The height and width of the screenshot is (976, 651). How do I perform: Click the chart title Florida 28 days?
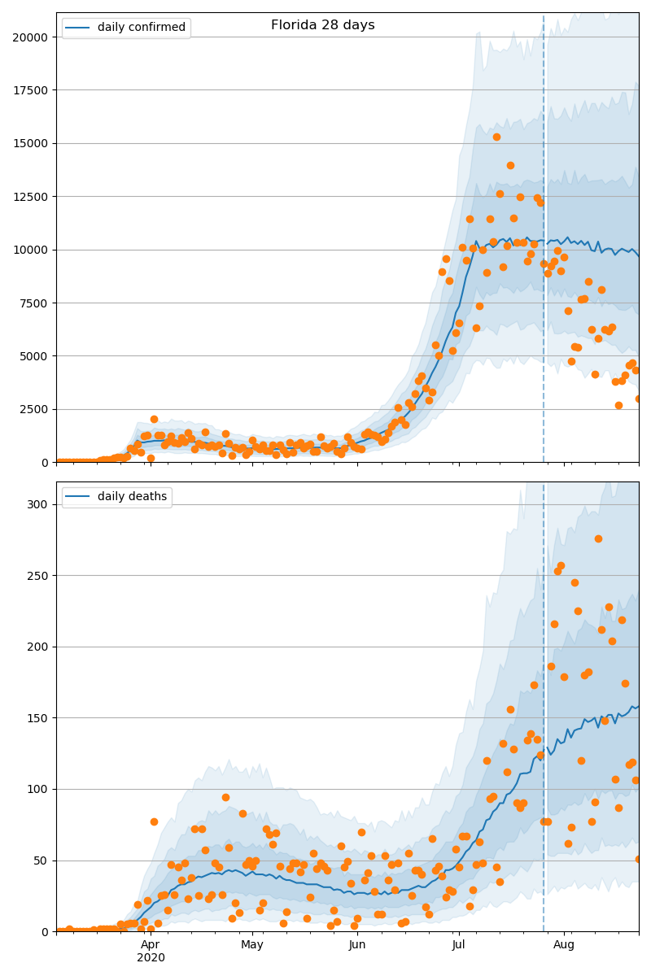[323, 25]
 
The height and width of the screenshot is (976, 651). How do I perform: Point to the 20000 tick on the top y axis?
[30, 37]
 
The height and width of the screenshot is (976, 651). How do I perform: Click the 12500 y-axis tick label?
[30, 197]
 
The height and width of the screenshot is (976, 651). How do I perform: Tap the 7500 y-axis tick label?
[33, 303]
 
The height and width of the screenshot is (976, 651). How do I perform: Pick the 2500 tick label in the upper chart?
[33, 410]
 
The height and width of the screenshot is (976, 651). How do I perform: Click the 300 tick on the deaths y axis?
[37, 504]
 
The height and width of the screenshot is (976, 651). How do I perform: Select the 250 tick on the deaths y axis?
[37, 576]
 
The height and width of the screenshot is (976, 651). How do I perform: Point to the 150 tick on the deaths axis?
[37, 718]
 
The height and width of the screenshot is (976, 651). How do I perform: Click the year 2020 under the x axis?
[151, 957]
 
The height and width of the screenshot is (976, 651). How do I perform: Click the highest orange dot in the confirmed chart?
[496, 137]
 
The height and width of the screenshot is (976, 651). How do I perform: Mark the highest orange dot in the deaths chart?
[598, 538]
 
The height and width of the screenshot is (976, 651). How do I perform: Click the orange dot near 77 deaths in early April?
[154, 821]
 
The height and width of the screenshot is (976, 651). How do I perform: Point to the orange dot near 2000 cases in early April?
[154, 420]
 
